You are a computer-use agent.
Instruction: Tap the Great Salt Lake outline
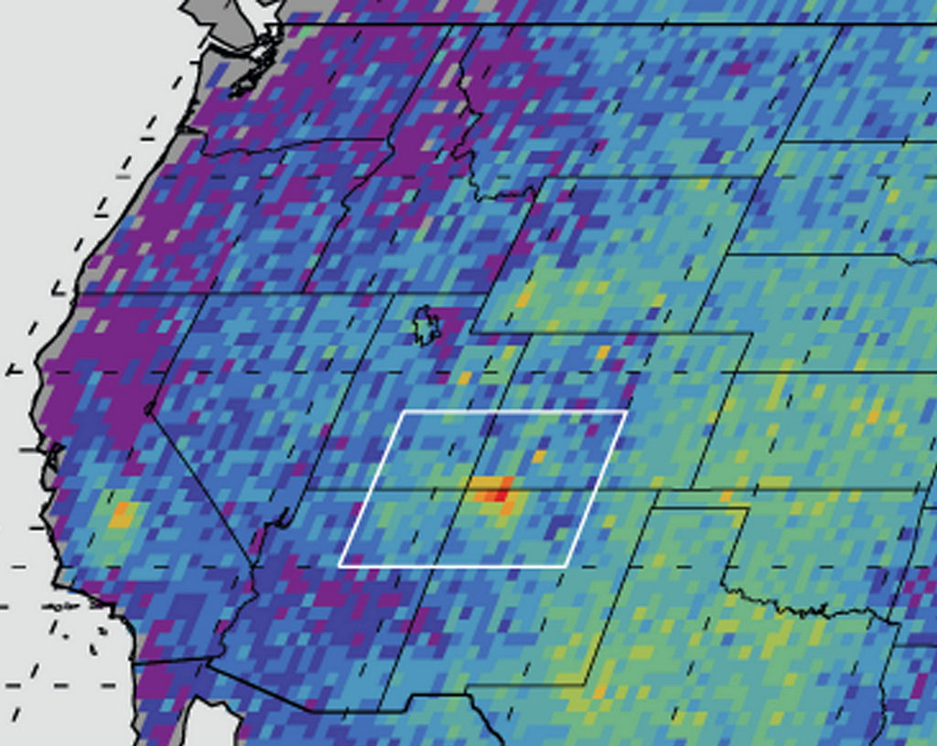click(425, 325)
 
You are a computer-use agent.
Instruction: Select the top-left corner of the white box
click(403, 412)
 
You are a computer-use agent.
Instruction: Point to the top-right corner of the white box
click(626, 412)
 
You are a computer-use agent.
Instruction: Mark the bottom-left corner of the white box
click(339, 566)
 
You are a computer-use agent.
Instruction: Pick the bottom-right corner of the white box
click(570, 566)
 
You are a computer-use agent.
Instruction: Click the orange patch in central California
click(120, 515)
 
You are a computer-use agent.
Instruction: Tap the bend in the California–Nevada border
click(149, 410)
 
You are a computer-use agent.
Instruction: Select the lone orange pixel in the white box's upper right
click(539, 455)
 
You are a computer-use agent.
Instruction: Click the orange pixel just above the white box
click(464, 377)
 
